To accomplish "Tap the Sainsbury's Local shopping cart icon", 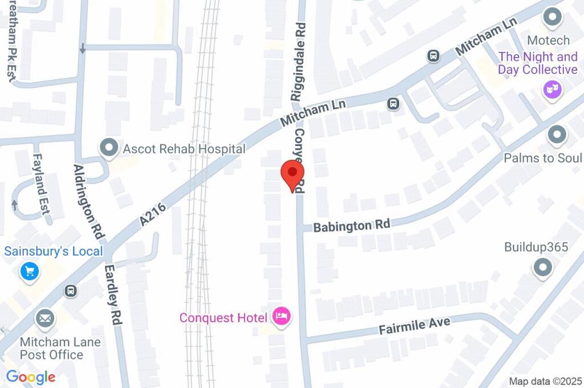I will pyautogui.click(x=29, y=272).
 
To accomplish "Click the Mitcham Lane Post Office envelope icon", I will pyautogui.click(x=44, y=318).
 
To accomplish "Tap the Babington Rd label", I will pyautogui.click(x=352, y=225).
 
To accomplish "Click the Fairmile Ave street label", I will pyautogui.click(x=415, y=326).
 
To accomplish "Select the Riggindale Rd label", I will pyautogui.click(x=299, y=62).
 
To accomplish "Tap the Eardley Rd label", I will pyautogui.click(x=115, y=294).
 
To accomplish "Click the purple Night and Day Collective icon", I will pyautogui.click(x=552, y=89).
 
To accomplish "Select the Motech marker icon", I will pyautogui.click(x=552, y=18).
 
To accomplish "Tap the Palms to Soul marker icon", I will pyautogui.click(x=556, y=136).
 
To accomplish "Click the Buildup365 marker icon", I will pyautogui.click(x=542, y=267).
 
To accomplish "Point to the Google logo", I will pyautogui.click(x=30, y=377).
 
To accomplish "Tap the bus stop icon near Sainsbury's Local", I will pyautogui.click(x=71, y=291).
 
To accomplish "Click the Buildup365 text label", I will pyautogui.click(x=536, y=247).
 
